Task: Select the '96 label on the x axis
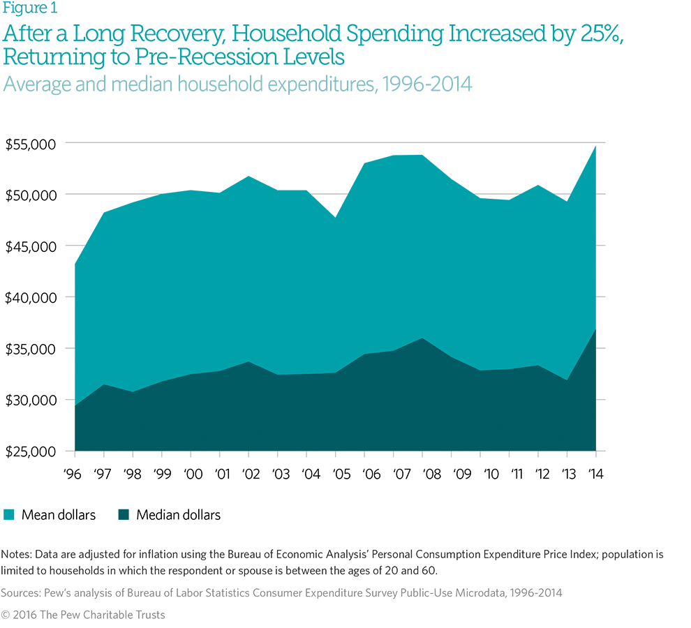(74, 474)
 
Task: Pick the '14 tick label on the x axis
(595, 474)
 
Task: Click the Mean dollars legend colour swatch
(9, 515)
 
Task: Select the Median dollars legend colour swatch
(124, 515)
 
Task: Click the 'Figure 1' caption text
(31, 8)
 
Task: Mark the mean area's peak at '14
(596, 145)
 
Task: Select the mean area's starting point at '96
(75, 264)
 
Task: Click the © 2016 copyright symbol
(6, 615)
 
